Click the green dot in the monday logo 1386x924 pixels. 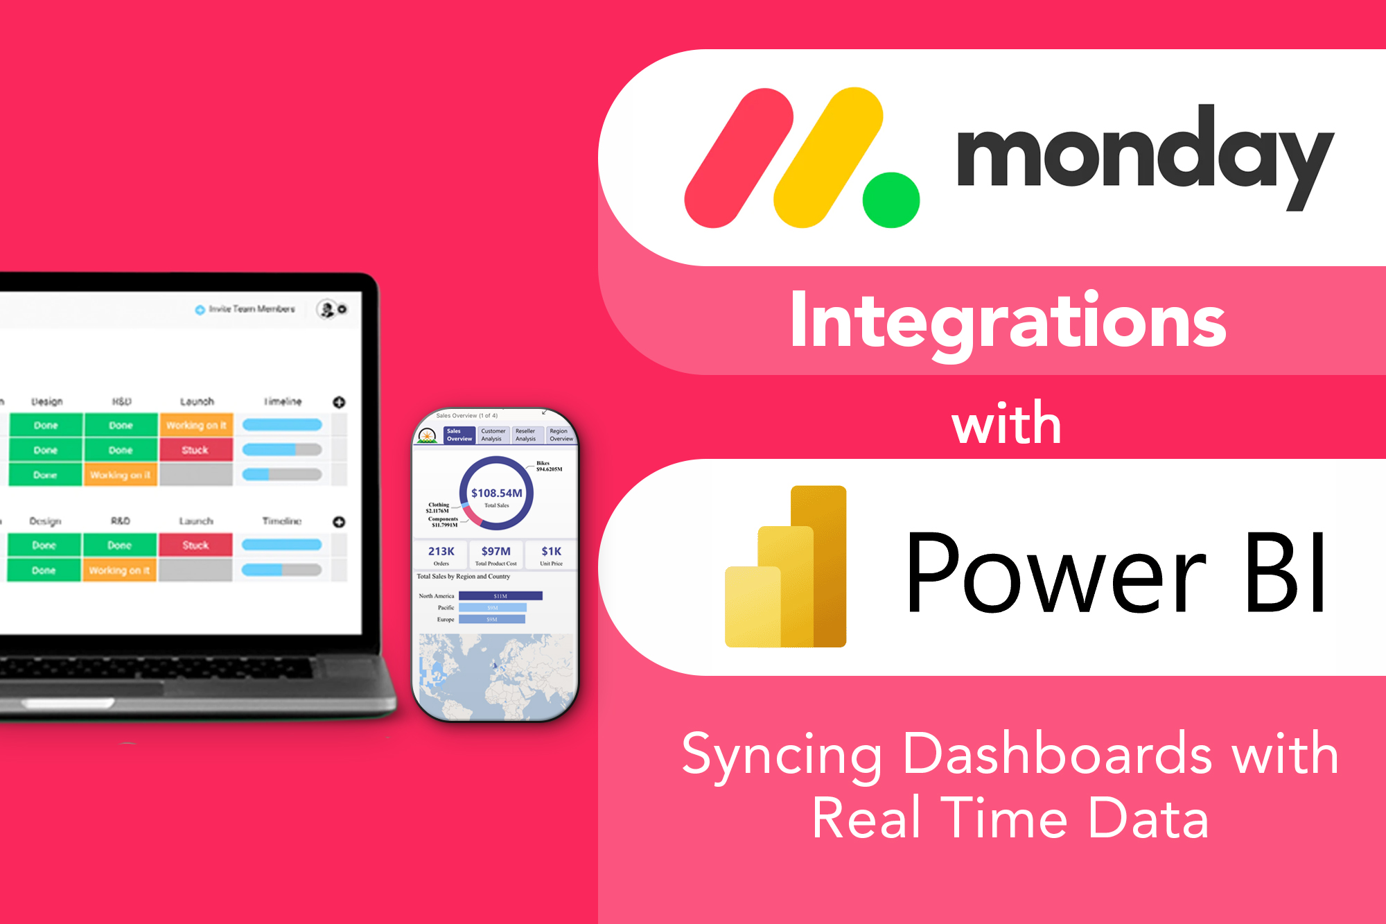(891, 200)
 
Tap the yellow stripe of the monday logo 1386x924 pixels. (828, 157)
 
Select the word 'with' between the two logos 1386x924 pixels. (1006, 424)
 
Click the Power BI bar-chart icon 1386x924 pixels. (786, 568)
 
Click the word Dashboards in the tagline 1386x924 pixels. (1058, 754)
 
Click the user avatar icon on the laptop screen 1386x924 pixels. (326, 309)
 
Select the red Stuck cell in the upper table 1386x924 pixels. (195, 450)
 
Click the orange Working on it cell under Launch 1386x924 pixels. (196, 425)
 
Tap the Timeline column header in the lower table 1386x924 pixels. (282, 521)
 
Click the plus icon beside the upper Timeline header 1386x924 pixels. (339, 402)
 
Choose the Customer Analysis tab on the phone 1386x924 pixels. (493, 435)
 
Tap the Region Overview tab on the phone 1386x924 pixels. (561, 435)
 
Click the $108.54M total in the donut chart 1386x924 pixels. (496, 494)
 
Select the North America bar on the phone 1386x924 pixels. (500, 595)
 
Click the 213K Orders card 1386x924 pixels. (441, 555)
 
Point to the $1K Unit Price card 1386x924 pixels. (551, 555)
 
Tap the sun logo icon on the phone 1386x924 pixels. (428, 437)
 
